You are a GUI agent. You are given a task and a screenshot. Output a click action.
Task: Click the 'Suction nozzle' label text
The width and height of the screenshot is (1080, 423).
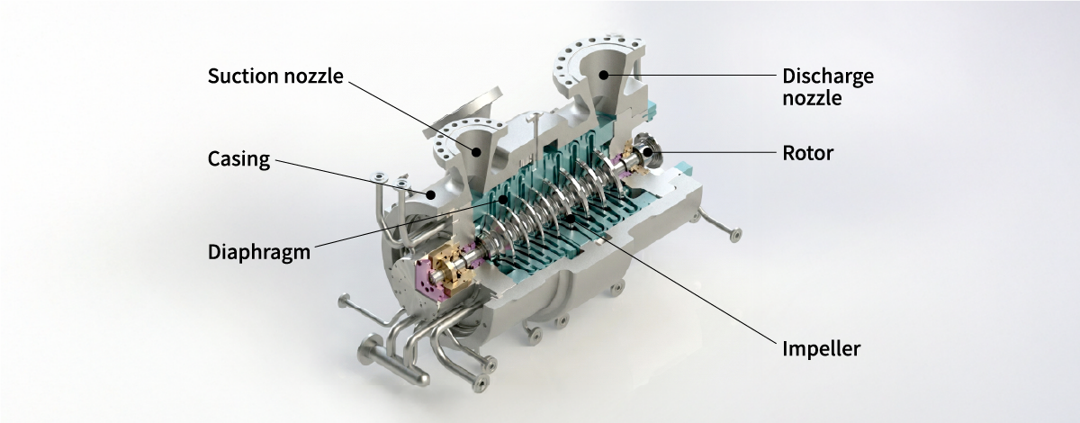point(275,76)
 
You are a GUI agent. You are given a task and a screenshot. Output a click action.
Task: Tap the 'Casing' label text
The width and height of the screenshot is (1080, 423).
point(238,159)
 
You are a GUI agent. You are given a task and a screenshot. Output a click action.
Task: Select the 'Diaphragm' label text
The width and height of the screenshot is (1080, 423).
point(259,251)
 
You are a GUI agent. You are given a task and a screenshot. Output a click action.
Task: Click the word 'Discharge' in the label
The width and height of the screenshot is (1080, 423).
point(827,76)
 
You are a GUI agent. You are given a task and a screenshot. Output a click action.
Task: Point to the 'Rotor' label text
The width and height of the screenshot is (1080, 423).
point(807,153)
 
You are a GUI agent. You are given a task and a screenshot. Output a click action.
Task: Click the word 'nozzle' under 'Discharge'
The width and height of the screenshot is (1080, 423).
point(812,98)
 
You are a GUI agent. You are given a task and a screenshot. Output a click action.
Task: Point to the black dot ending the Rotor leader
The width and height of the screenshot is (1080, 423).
point(644,153)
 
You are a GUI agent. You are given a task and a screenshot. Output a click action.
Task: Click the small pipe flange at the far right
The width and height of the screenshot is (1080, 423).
point(734,237)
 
